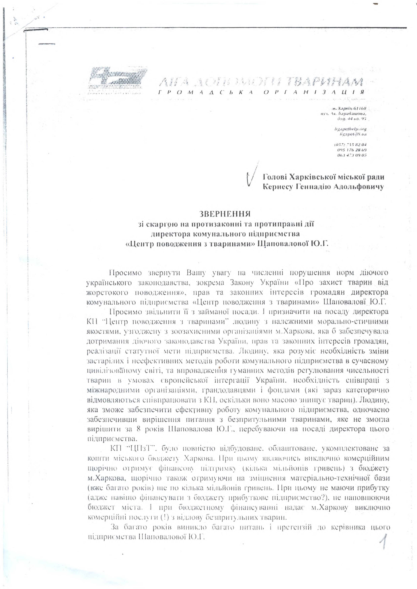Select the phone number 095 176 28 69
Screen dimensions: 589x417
(352, 149)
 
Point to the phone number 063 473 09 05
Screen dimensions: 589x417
(352, 155)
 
